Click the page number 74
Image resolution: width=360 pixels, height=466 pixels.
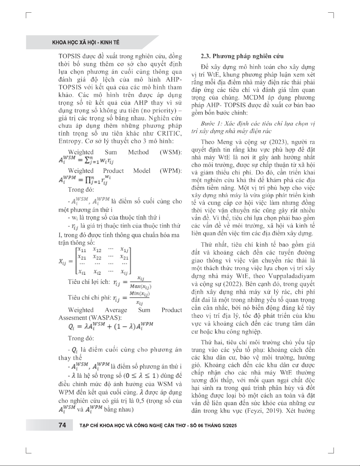click(62, 425)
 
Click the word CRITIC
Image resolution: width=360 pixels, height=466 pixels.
click(170, 133)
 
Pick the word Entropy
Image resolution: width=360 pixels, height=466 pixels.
click(70, 141)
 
